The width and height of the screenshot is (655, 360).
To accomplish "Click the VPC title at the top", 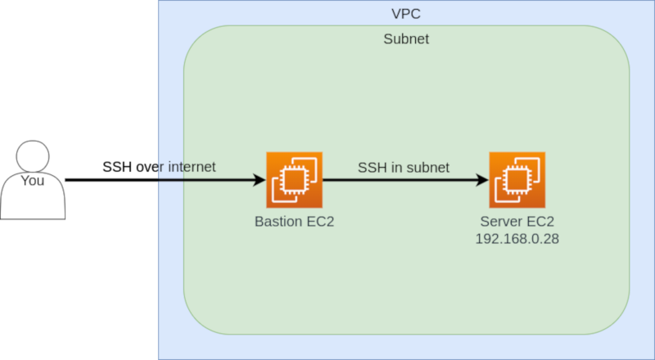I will (x=406, y=14).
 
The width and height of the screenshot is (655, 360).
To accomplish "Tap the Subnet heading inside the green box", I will (x=406, y=39).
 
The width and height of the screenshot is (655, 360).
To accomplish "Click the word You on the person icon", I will (x=32, y=181).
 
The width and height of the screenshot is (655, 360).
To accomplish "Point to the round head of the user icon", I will (x=33, y=155).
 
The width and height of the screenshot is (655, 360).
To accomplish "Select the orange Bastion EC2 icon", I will (x=294, y=179).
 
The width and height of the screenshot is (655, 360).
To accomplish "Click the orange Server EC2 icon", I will (x=517, y=179).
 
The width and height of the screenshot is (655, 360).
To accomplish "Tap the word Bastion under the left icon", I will (x=278, y=222).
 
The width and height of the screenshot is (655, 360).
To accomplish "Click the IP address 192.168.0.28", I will (x=517, y=239).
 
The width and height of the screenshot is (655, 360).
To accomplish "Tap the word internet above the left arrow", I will (x=189, y=167).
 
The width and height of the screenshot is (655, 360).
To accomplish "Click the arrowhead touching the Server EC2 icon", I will (x=482, y=180).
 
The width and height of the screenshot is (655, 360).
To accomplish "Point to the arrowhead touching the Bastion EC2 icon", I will (x=260, y=180).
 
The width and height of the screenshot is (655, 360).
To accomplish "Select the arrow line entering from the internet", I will (x=205, y=180).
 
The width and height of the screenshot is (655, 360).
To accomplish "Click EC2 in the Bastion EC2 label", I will (x=319, y=222).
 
